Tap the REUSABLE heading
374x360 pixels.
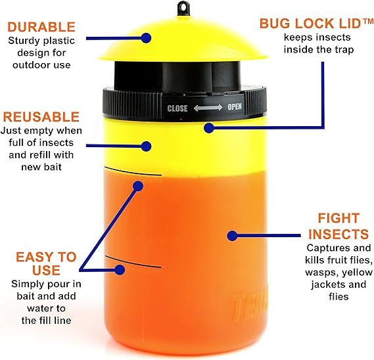[41, 117]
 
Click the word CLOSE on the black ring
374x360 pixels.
[177, 108]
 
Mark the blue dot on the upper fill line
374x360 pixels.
[138, 186]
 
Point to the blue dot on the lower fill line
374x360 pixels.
[120, 268]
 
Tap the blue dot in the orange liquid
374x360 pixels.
[231, 235]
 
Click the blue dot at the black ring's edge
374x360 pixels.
[208, 126]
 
